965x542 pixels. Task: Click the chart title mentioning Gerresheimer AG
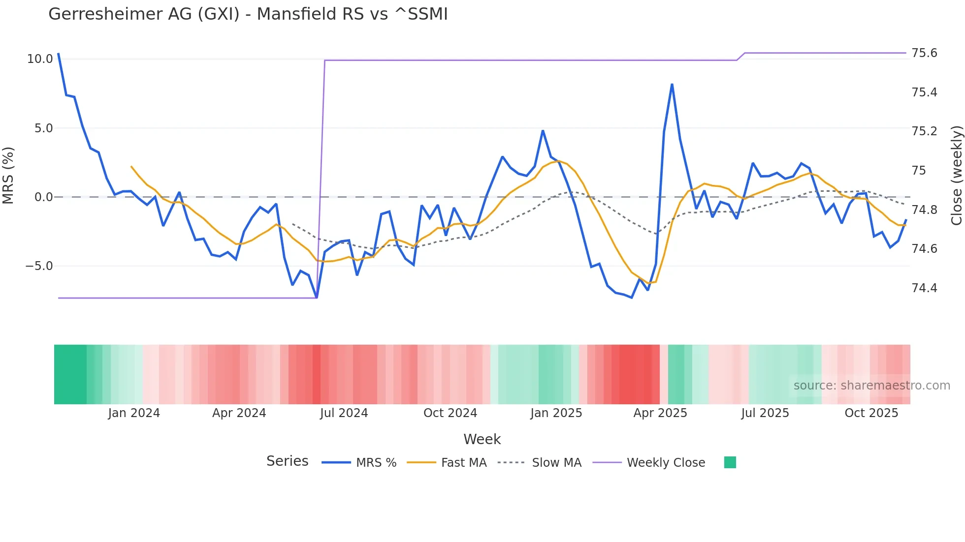(x=248, y=14)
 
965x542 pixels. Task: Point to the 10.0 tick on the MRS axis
(x=40, y=59)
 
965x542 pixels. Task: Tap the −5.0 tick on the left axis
(x=39, y=266)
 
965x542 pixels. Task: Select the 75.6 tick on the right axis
(x=924, y=53)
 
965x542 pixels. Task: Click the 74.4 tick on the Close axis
(x=924, y=288)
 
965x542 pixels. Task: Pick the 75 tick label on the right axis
(x=919, y=171)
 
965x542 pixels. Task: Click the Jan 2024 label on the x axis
(x=134, y=413)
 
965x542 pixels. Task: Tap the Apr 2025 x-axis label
(x=660, y=413)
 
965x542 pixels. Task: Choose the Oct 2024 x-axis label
(x=450, y=413)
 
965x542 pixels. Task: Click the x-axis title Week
(x=482, y=439)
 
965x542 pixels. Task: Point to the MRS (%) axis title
(x=8, y=176)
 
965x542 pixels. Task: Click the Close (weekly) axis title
(x=956, y=176)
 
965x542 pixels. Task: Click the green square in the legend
(x=730, y=462)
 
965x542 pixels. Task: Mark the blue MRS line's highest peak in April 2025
(x=672, y=85)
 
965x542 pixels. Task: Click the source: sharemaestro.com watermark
(x=871, y=386)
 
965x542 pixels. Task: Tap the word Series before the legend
(x=287, y=461)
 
